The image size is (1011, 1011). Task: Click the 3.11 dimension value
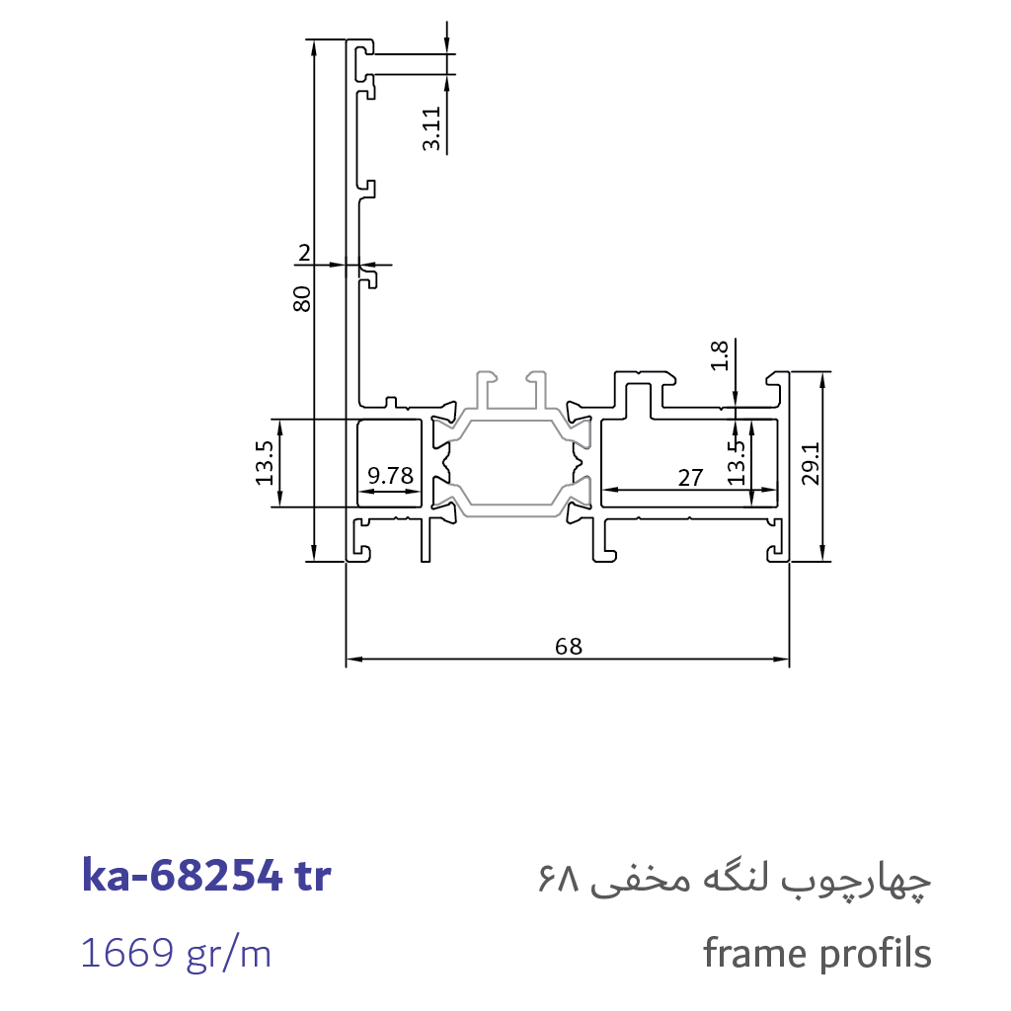click(x=431, y=129)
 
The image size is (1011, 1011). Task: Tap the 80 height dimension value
click(x=301, y=299)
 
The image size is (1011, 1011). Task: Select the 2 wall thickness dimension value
click(x=304, y=253)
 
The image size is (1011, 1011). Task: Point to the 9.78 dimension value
click(x=390, y=476)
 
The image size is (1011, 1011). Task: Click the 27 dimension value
click(x=690, y=478)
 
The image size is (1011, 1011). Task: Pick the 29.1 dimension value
click(x=811, y=463)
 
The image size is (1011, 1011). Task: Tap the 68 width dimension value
click(x=568, y=646)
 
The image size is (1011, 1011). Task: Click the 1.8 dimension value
click(x=719, y=355)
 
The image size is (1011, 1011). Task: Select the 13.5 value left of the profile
click(x=265, y=463)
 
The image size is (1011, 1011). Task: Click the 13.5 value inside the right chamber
click(x=736, y=463)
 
